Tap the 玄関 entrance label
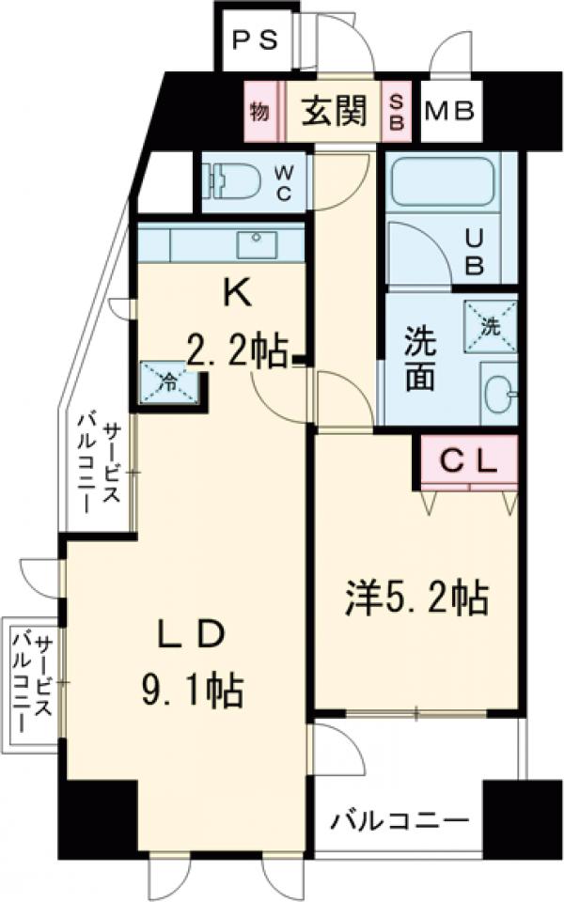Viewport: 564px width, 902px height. pos(333,112)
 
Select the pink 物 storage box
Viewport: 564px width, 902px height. pos(259,112)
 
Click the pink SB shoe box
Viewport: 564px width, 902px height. pos(396,113)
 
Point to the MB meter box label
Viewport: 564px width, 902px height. pos(451,113)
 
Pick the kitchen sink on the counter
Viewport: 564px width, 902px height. pos(255,245)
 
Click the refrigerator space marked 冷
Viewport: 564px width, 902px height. pos(170,383)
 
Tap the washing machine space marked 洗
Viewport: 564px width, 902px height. pos(490,325)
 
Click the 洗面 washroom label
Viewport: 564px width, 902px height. pos(419,360)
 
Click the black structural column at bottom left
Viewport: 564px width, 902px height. pos(97,816)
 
